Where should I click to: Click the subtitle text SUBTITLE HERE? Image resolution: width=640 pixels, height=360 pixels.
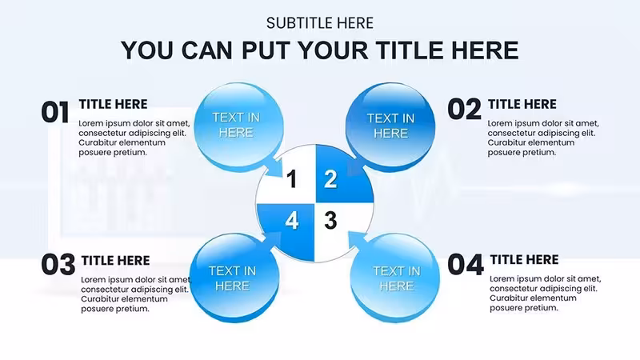319,23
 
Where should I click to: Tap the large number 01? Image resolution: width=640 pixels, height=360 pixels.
55,112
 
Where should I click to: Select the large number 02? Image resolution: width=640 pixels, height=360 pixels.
465,110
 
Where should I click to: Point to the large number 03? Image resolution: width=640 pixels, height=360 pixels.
58,265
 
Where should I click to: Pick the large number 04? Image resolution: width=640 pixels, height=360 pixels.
466,265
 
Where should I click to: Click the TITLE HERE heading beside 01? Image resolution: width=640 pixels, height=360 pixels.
113,104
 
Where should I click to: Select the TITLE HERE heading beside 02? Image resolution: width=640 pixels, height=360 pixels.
522,104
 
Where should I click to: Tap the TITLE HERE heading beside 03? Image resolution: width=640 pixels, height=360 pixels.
115,261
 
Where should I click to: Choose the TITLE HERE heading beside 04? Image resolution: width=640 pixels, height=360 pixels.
525,259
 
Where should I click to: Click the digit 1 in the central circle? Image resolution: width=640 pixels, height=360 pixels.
291,178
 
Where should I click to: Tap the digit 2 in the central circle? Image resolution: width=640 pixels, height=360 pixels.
330,178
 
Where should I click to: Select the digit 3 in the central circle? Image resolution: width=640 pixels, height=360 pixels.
330,221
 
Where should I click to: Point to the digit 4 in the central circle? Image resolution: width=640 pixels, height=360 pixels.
291,221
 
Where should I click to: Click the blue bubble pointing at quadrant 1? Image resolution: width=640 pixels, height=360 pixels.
239,127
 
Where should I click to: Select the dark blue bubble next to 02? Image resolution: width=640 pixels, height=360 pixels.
390,127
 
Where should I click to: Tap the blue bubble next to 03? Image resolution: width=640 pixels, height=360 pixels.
235,278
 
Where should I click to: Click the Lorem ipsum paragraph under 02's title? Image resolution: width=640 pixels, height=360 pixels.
543,138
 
